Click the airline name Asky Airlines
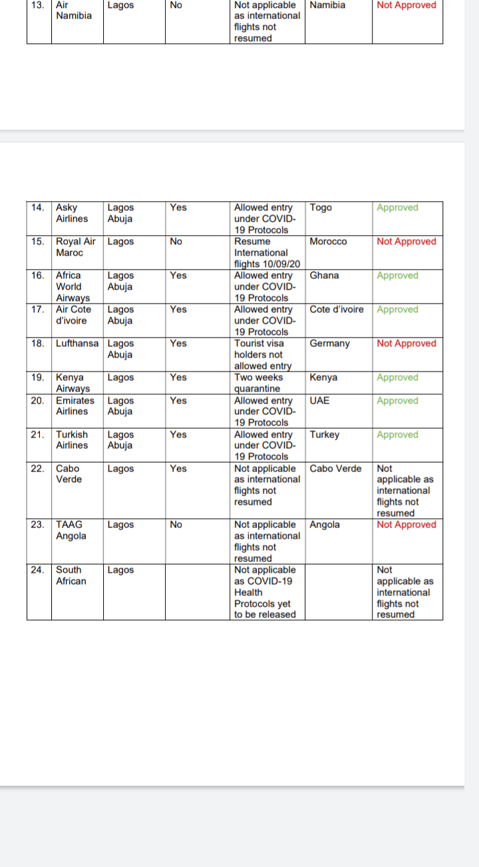(x=72, y=213)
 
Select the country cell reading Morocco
(x=328, y=242)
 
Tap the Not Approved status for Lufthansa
(x=406, y=344)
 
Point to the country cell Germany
(x=329, y=344)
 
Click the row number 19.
(x=39, y=378)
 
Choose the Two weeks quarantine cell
(x=258, y=383)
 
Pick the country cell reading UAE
(x=319, y=401)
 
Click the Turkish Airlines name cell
(x=72, y=440)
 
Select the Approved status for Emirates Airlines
(x=397, y=401)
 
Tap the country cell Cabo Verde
(x=335, y=469)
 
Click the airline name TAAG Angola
(x=71, y=530)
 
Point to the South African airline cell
(x=71, y=575)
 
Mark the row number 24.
(x=39, y=570)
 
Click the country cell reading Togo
(x=321, y=208)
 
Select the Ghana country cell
(x=324, y=276)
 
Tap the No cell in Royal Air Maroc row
(x=176, y=242)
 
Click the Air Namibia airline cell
(x=74, y=10)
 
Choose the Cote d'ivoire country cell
(x=337, y=310)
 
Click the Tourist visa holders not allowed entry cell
(x=263, y=354)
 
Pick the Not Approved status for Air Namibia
(x=406, y=5)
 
